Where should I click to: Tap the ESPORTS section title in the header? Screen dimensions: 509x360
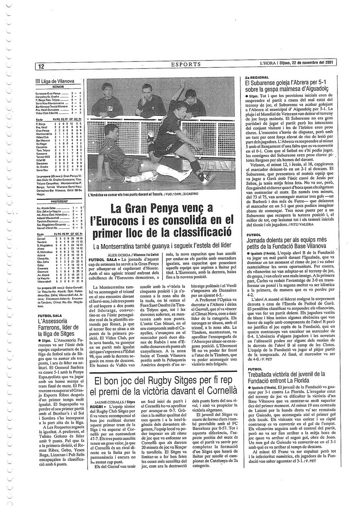tap(186, 64)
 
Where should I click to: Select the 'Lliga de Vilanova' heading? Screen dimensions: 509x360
tap(58, 81)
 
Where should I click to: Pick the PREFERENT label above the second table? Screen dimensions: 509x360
tap(59, 202)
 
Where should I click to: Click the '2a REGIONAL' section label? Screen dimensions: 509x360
tap(257, 77)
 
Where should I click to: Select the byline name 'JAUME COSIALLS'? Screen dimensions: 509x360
tap(110, 402)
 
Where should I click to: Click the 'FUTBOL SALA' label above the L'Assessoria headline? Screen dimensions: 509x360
tap(50, 316)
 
